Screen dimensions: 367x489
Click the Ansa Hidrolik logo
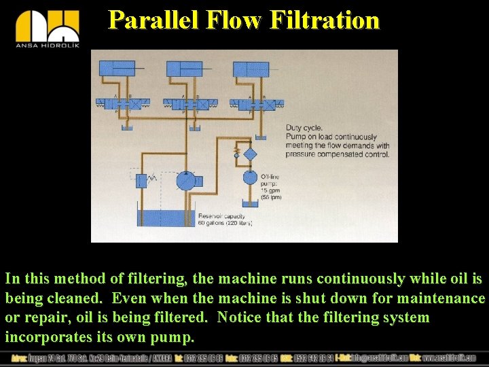point(47,31)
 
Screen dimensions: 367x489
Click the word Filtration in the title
point(324,20)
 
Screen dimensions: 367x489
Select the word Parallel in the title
point(151,20)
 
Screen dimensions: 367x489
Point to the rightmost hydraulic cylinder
point(252,69)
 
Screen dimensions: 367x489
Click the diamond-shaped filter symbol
point(250,154)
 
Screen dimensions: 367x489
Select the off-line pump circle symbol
point(250,178)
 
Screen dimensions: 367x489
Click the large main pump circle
point(185,181)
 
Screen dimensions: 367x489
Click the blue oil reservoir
point(163,218)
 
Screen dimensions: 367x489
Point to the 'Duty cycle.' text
point(304,128)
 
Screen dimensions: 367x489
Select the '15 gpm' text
point(270,191)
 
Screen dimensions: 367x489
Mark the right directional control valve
point(257,104)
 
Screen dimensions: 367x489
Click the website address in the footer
point(449,358)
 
